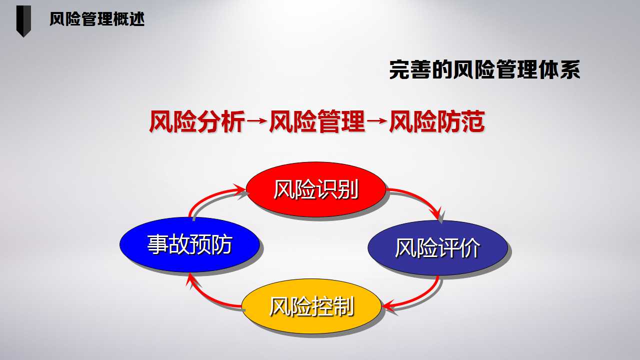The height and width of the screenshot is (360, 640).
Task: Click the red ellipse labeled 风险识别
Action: coord(316,189)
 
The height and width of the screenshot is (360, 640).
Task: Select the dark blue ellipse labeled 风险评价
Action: coord(437,247)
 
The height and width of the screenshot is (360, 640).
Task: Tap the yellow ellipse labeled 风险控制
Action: coord(311,306)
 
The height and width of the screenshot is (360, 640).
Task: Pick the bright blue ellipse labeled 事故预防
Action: coord(189,244)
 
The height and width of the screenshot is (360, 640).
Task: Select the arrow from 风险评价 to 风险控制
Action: coord(423,297)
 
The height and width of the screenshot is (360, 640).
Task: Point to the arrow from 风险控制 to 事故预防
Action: coord(205,297)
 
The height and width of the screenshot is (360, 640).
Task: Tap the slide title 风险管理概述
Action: coord(97,19)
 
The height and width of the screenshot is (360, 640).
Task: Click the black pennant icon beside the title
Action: coord(23,21)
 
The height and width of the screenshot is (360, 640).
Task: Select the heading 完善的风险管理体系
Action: coord(484,69)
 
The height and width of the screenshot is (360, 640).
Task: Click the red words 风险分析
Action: coord(197,121)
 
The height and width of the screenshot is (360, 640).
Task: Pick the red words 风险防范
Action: coord(437,121)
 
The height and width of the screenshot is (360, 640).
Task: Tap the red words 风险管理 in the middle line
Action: coord(317,121)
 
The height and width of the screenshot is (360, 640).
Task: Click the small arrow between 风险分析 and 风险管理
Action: coord(257,121)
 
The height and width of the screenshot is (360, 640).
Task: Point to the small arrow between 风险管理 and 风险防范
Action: coord(377,121)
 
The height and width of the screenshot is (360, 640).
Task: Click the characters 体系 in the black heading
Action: coord(559,69)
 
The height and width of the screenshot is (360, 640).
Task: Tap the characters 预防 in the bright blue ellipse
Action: coord(211,244)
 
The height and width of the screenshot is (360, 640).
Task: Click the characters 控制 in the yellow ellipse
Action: coord(332,306)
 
